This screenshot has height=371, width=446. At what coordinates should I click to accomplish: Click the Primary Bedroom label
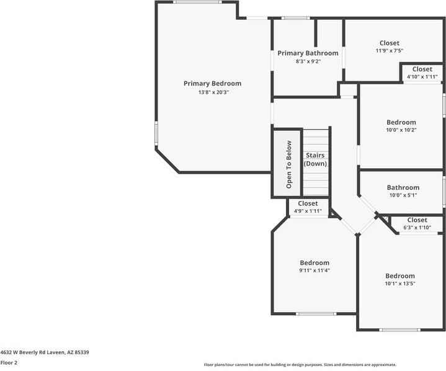(212, 83)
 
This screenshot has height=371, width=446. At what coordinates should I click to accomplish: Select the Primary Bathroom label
(308, 53)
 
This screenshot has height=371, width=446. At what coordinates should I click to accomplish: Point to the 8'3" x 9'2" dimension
(308, 61)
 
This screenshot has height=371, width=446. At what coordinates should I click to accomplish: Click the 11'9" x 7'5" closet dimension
(390, 51)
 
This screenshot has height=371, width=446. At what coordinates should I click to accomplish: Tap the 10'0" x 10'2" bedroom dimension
(401, 130)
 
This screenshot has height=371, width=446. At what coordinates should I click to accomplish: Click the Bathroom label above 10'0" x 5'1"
(403, 187)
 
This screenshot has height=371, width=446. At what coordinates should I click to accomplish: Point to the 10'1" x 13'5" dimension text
(400, 284)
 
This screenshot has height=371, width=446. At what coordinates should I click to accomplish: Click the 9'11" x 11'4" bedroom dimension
(314, 270)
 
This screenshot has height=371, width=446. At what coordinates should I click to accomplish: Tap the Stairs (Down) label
(315, 159)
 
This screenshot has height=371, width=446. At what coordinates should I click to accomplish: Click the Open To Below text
(288, 164)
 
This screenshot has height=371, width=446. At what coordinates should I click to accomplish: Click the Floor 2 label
(9, 362)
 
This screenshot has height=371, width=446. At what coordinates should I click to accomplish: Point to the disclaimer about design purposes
(300, 365)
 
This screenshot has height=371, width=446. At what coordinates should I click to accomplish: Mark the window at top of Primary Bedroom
(197, 2)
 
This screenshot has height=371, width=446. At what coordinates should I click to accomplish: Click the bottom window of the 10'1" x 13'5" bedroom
(399, 329)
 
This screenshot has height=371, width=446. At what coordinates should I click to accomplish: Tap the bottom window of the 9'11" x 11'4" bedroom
(316, 313)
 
